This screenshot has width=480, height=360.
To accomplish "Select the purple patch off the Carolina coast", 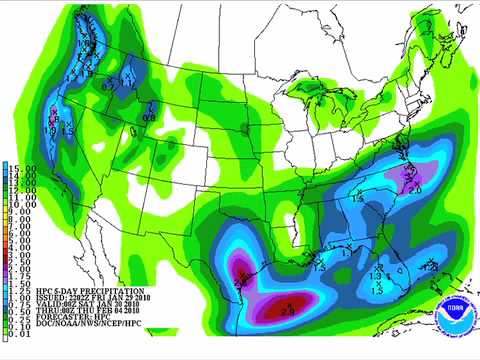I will tap(413, 180).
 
